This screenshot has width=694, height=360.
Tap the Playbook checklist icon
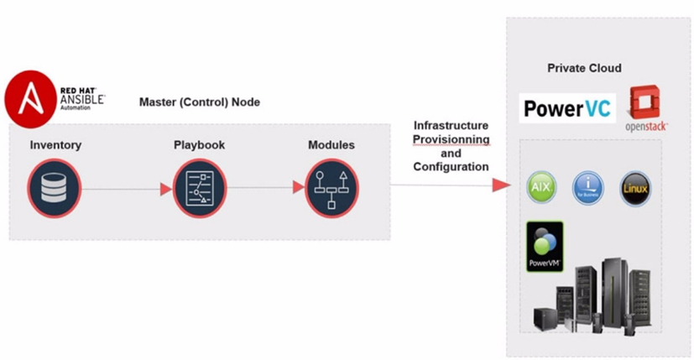tap(199, 189)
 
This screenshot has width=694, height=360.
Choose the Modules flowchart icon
tap(331, 189)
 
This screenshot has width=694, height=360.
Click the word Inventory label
tap(55, 145)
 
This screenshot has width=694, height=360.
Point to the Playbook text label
tap(199, 145)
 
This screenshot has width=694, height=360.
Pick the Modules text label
tap(331, 145)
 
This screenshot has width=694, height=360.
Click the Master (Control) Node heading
tap(199, 102)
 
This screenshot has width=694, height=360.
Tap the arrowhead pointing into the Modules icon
tap(298, 188)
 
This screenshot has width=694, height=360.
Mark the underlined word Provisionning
tap(451, 139)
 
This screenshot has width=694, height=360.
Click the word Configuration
tap(451, 167)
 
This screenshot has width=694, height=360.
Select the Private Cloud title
tap(584, 68)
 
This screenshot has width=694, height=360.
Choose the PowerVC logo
tap(567, 108)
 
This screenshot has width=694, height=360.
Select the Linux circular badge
tap(634, 186)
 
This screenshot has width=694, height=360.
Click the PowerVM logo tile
tap(545, 246)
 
